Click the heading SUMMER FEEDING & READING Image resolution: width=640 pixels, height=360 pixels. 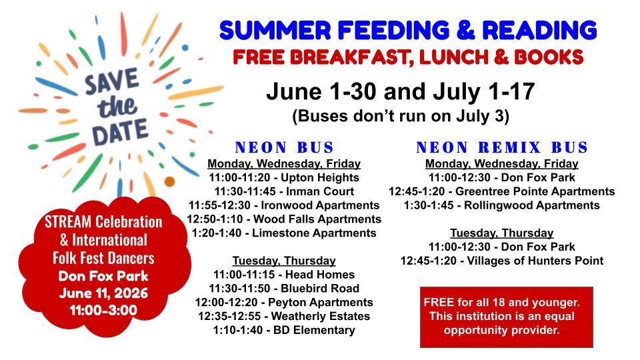pos(408,30)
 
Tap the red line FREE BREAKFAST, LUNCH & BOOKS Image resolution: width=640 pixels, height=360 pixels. pos(408,57)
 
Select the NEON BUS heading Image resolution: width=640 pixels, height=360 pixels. pos(285,147)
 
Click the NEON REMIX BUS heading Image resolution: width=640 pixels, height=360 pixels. pos(502,147)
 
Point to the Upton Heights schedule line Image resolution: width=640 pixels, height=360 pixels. pos(284,177)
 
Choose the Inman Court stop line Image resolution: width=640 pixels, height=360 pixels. pos(284,191)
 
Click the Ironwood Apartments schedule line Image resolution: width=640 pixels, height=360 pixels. pos(284,205)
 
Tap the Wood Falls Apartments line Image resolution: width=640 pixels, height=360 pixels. pos(284,219)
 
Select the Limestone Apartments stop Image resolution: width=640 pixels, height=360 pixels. pos(284,233)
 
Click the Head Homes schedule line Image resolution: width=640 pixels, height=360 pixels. pos(284,275)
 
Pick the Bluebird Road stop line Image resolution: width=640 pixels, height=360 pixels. pos(284,289)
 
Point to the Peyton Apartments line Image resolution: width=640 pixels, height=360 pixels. pos(284,303)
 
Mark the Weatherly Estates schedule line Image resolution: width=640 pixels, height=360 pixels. pos(284,316)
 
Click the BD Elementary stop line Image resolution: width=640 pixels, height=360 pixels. pos(284,330)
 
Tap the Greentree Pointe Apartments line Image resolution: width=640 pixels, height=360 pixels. pos(501,191)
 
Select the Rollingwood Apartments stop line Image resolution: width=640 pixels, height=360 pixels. pos(501,205)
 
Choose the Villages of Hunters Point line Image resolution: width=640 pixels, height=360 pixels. pos(501,261)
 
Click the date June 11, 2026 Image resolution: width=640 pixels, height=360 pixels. pos(103,293)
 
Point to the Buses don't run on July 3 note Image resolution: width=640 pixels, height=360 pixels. pos(401,116)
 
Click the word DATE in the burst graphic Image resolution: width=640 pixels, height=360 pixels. pos(120,132)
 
